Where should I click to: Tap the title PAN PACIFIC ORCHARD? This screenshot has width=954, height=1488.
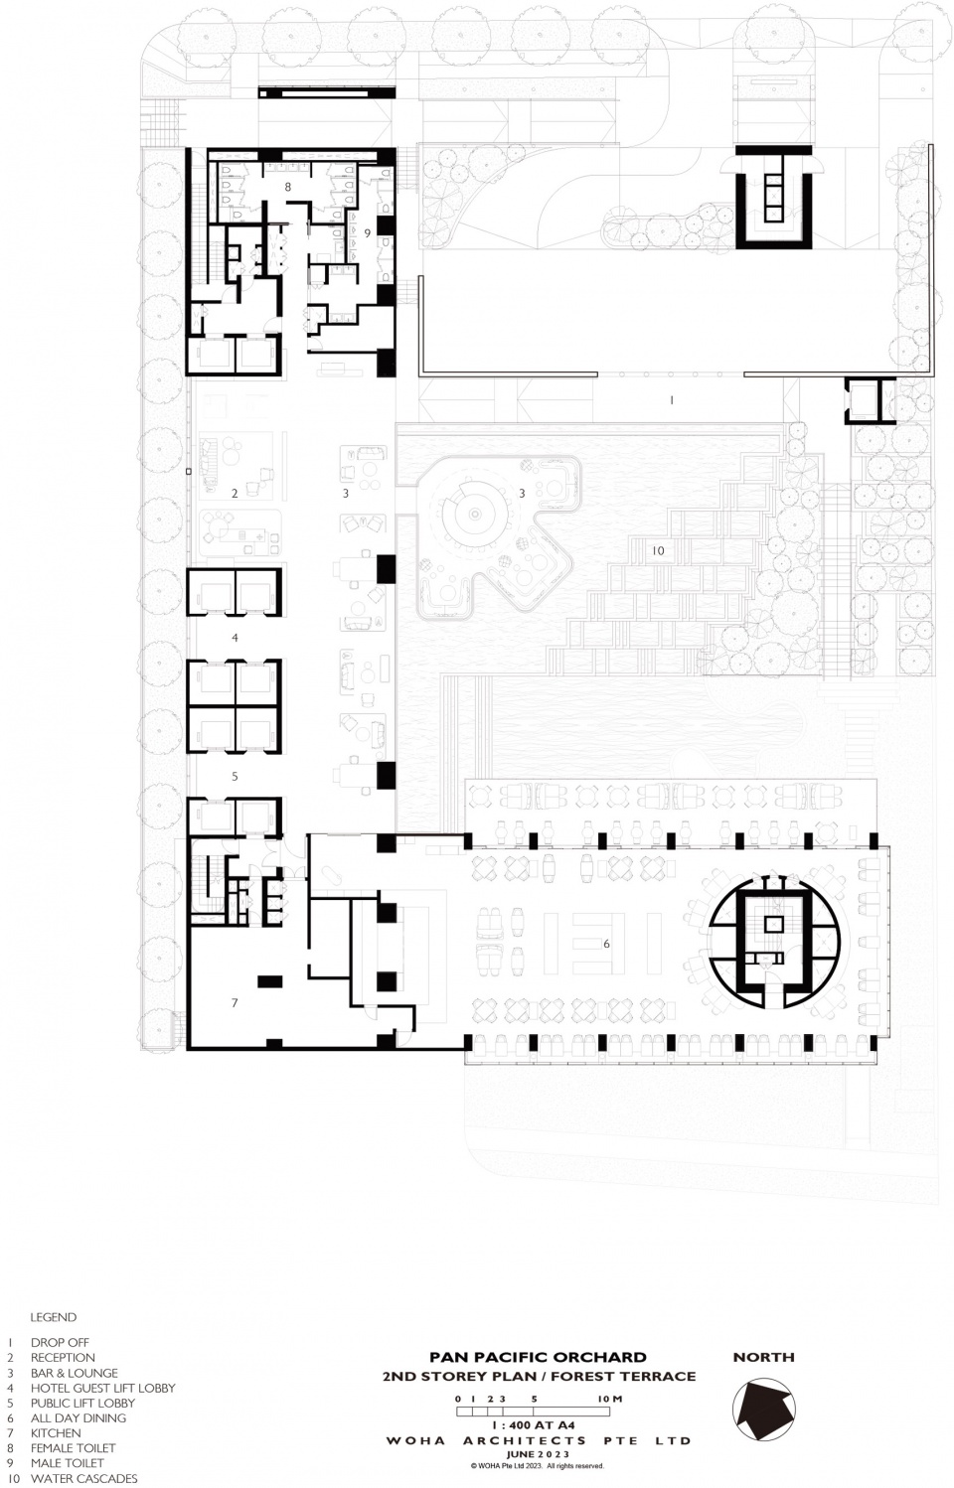[538, 1339]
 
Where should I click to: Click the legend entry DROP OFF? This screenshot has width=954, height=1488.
[60, 1343]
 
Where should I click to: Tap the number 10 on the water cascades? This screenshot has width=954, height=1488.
[658, 550]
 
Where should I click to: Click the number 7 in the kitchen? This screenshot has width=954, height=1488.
[235, 1002]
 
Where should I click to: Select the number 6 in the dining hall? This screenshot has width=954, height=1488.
[606, 944]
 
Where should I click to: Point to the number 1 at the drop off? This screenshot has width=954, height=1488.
[672, 400]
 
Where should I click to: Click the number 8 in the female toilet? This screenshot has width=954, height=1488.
[287, 188]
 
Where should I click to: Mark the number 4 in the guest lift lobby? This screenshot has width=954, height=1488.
[235, 638]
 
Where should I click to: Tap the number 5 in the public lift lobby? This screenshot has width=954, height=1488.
[235, 776]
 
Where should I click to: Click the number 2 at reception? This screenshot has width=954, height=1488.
[235, 493]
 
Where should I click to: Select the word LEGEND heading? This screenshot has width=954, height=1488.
[53, 1317]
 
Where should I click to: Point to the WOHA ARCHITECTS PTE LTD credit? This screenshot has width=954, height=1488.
[539, 1435]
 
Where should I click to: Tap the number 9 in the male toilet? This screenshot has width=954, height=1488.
[367, 233]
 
